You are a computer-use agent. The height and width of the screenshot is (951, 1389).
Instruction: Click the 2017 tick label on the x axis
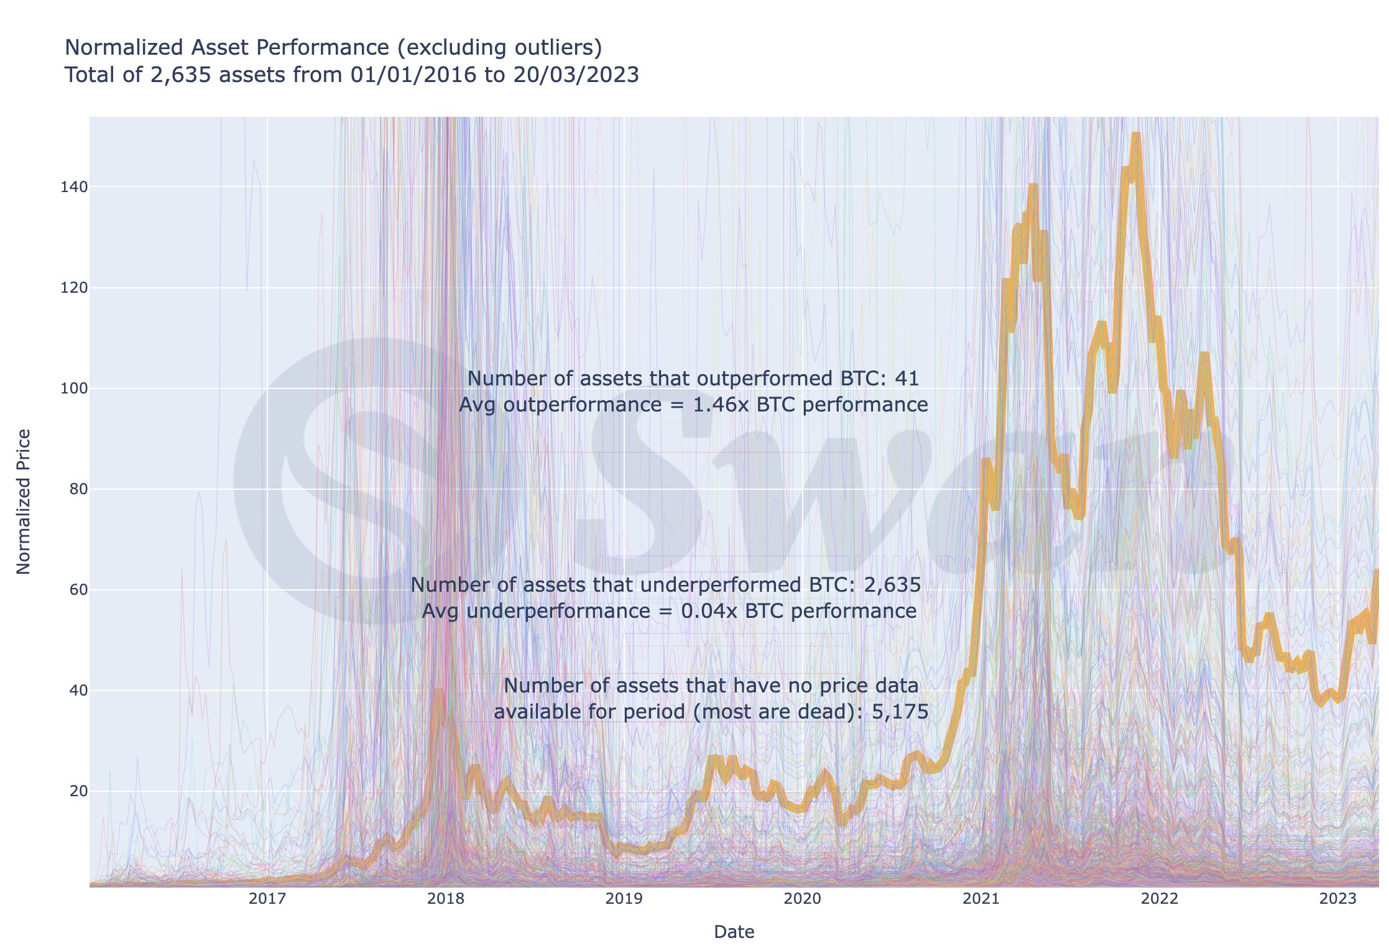[267, 898]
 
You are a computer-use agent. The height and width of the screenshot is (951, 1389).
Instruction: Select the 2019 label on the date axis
[624, 898]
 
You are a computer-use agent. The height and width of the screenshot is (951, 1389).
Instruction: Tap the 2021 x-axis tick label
[981, 898]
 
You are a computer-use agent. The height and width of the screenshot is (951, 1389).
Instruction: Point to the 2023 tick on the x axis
[1337, 898]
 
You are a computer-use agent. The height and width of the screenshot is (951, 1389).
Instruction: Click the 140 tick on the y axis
[74, 187]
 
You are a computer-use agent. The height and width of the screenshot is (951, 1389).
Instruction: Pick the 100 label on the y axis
[74, 388]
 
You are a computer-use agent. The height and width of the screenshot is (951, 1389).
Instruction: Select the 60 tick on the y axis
[78, 590]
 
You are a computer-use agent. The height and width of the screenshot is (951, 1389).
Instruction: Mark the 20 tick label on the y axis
[78, 791]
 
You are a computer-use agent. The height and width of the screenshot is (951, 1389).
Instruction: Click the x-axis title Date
[734, 932]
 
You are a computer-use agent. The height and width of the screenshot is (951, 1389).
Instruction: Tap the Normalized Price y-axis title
[24, 501]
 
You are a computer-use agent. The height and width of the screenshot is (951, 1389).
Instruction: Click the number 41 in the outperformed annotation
[907, 379]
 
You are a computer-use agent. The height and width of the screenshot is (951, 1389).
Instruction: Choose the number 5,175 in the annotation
[900, 712]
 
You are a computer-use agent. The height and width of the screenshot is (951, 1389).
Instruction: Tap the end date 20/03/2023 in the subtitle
[576, 75]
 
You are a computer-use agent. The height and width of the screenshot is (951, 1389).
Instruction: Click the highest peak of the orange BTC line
[1135, 134]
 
